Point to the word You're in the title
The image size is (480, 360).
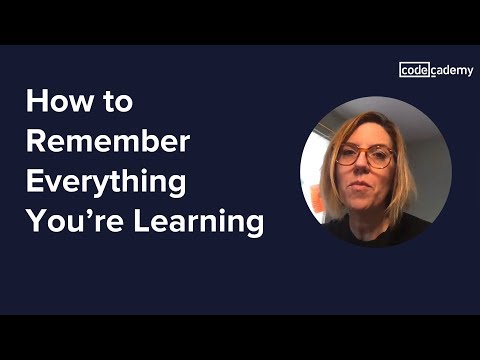click(68, 222)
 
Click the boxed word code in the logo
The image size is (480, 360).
click(415, 69)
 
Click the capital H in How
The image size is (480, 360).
click(37, 102)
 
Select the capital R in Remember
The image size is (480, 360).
click(36, 141)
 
